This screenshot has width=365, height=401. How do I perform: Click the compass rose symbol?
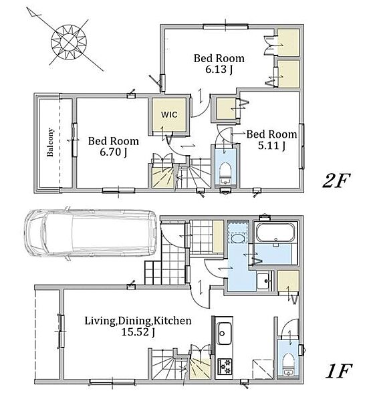tap(69, 42)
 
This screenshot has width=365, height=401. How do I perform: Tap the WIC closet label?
tap(169, 114)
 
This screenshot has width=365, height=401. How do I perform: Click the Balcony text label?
tap(50, 142)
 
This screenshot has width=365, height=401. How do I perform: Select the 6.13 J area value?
tap(219, 69)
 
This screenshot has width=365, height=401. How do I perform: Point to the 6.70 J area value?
tap(114, 152)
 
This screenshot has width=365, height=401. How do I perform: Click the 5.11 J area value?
tap(271, 146)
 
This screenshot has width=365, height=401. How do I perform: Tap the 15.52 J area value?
tap(138, 332)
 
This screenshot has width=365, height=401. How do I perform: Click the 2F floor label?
tap(336, 181)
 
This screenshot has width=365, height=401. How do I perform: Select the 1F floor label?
tap(338, 371)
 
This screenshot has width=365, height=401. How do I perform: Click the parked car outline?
tap(90, 233)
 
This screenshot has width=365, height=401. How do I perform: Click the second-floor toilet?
tap(225, 172)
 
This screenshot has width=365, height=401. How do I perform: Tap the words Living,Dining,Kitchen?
tap(138, 321)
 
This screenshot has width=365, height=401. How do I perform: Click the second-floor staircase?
tap(194, 173)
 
